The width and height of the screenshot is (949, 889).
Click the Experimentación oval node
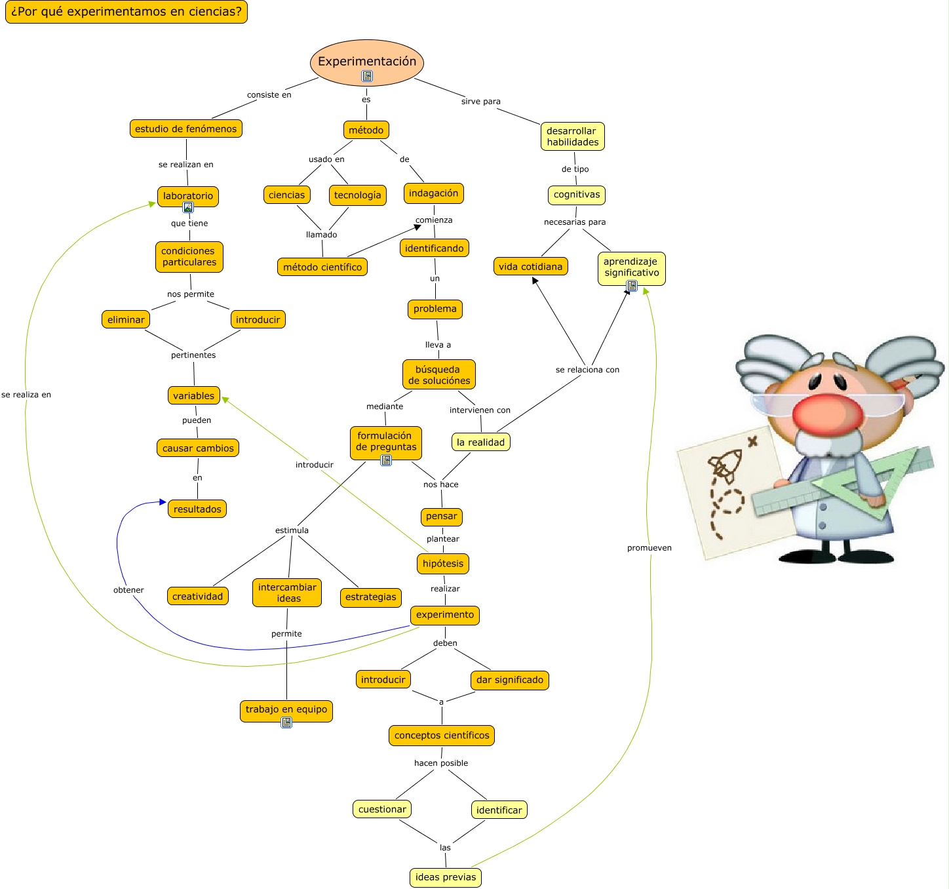coord(367,61)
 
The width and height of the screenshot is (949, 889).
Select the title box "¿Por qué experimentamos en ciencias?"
coord(126,12)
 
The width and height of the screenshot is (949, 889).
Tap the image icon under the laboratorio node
coord(188,207)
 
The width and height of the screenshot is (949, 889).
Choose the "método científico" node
coord(322,267)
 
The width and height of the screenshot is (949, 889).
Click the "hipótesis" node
coord(443,563)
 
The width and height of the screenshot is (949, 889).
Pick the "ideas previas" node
coord(446,877)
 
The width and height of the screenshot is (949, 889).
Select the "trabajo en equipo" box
coord(286,709)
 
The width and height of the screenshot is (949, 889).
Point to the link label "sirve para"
coord(480,102)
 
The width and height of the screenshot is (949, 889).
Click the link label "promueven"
coord(649,548)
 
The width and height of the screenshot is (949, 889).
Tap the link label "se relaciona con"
coord(587,370)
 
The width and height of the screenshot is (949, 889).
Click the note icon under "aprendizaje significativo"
coord(632,286)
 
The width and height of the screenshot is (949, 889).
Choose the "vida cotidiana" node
coord(530,266)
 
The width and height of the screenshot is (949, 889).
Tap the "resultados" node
coord(197,509)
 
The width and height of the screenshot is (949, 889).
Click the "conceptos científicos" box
coord(442,736)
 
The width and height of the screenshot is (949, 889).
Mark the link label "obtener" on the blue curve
coord(128,590)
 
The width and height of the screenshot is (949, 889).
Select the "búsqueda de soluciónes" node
coord(439,375)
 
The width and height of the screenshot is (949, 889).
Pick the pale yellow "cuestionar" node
coord(382,810)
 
